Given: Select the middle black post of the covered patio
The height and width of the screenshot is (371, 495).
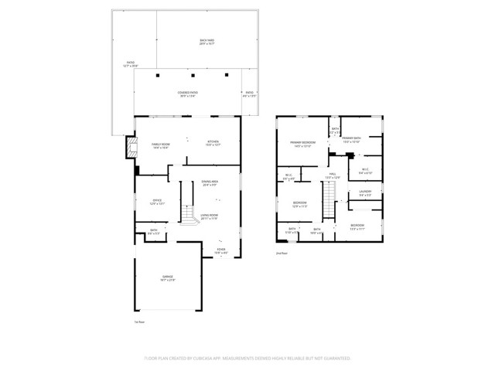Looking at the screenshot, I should click(x=192, y=76).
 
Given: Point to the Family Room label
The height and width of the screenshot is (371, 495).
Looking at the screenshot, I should click(x=160, y=145).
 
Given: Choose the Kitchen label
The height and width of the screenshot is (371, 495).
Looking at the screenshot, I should click(x=213, y=142).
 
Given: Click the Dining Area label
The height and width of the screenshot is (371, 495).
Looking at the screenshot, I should click(x=210, y=183).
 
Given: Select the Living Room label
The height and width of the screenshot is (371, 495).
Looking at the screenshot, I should click(x=210, y=216).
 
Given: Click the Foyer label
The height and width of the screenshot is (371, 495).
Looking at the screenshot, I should click(x=221, y=250).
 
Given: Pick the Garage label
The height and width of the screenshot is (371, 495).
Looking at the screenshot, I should click(x=168, y=277).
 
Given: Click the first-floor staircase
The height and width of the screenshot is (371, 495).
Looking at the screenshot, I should click(x=186, y=213).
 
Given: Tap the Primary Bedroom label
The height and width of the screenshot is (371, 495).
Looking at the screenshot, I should click(x=302, y=144).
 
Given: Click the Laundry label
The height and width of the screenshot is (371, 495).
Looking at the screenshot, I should click(x=365, y=193).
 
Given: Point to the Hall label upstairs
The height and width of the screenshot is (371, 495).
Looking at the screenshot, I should click(x=333, y=176).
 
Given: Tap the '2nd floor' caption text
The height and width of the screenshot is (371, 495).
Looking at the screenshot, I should click(x=282, y=253).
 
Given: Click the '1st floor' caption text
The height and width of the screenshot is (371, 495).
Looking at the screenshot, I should click(x=140, y=322).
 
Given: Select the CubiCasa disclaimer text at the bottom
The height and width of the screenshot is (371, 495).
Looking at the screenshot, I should click(x=247, y=359).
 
